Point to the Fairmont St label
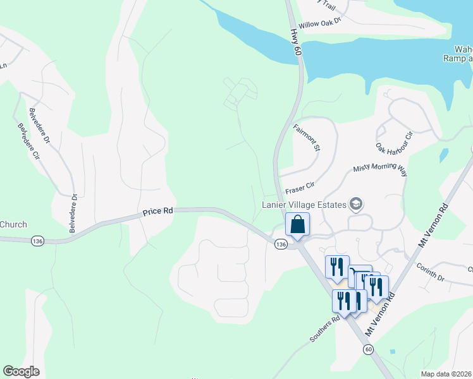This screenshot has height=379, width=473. [x=307, y=138]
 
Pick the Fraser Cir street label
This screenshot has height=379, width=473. [x=300, y=188]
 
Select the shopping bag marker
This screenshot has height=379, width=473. [x=297, y=226]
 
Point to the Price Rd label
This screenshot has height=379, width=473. [x=158, y=213]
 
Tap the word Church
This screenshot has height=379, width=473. [x=13, y=224]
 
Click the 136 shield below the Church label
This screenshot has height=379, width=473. [x=38, y=241]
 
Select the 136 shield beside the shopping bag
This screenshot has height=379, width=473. [x=281, y=244]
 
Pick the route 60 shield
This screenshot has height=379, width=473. [x=368, y=349]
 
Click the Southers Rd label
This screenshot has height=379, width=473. [x=325, y=328]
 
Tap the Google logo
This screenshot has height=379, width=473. [x=21, y=371]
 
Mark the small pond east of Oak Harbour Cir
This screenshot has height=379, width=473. [x=444, y=155]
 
